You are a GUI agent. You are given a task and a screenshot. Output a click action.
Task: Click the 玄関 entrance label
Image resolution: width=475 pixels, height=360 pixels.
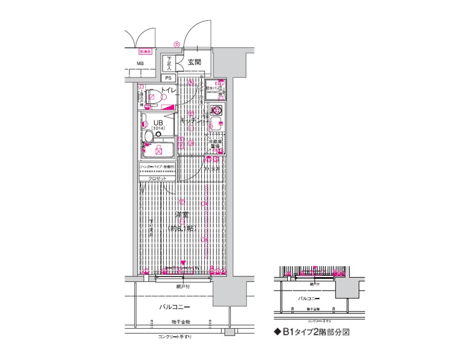pos(195,62)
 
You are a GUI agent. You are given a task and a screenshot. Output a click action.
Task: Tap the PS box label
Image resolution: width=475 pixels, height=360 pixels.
pos(168,78)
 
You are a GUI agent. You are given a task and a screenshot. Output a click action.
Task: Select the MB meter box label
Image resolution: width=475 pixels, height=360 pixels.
pos(141,63)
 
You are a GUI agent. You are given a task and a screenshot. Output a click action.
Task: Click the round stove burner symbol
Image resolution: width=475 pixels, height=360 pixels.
pos(216,111)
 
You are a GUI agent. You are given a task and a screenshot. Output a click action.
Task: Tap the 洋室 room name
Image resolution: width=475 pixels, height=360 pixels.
pos(181,215)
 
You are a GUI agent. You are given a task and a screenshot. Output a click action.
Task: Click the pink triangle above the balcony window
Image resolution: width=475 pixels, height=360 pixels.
pos(182,264)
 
